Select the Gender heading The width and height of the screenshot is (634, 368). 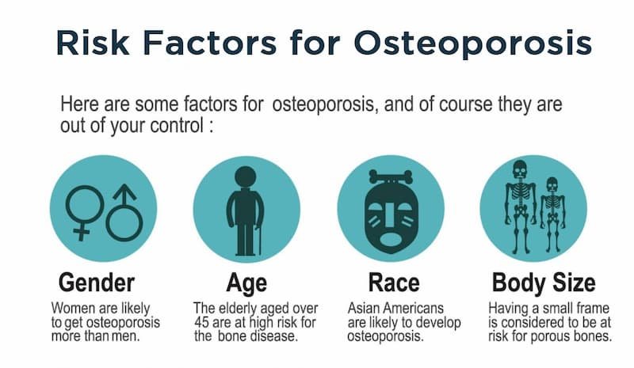pos(96,283)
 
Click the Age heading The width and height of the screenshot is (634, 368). pos(246,283)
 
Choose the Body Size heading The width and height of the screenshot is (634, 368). pos(543,283)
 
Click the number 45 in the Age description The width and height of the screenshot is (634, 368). pos(202,322)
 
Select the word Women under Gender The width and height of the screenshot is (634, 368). pos(72,308)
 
